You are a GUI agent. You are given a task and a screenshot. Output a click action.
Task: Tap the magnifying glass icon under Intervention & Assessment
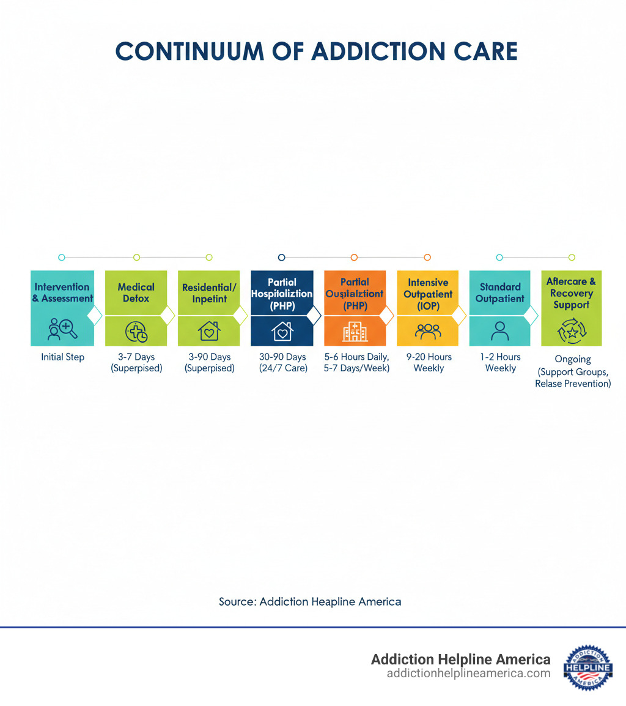click(x=63, y=329)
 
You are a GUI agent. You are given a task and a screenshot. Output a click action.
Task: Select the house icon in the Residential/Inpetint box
click(x=209, y=331)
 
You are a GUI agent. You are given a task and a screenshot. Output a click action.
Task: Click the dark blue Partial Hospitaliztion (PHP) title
click(x=282, y=294)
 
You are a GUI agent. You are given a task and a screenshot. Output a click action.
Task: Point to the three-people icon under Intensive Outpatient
click(x=428, y=331)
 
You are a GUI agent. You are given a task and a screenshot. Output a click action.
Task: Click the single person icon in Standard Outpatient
click(x=500, y=331)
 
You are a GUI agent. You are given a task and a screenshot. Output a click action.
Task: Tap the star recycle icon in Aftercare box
click(x=572, y=332)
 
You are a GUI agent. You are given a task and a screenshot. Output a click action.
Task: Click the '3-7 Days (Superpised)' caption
click(x=136, y=363)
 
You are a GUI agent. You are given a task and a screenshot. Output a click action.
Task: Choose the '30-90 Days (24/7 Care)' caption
click(x=282, y=363)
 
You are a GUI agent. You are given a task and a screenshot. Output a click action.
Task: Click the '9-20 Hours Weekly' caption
click(x=429, y=363)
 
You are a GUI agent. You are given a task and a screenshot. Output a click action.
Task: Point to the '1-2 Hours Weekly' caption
click(x=500, y=363)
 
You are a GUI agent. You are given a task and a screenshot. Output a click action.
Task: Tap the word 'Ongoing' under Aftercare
click(x=572, y=360)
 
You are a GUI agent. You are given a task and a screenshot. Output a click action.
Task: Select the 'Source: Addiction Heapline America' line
click(x=310, y=601)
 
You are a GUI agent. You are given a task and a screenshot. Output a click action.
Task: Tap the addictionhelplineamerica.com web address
click(x=468, y=674)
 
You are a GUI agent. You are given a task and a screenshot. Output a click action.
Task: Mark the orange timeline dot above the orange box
click(x=354, y=258)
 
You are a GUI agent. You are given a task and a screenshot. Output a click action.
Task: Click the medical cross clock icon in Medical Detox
click(x=136, y=332)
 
